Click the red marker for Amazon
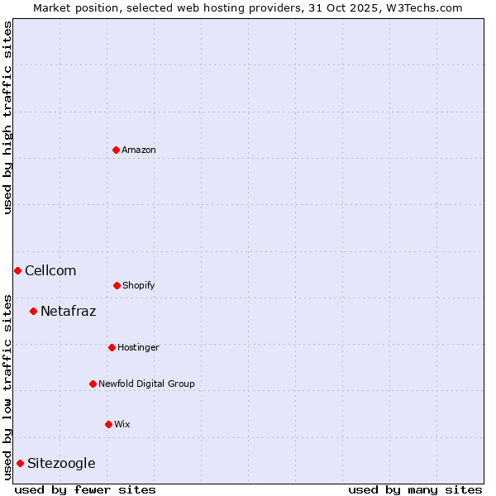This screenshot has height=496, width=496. coord(116,150)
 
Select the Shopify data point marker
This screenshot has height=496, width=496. coord(117,285)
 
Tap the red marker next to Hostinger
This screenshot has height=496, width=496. coord(112,347)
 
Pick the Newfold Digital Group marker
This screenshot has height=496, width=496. coord(93,384)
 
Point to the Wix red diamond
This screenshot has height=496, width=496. coord(108,424)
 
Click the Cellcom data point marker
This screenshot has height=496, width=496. coord(17,270)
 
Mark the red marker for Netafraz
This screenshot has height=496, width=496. coord(33,311)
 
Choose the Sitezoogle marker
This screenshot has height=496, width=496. coord(20,463)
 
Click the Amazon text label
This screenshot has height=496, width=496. coord(139,150)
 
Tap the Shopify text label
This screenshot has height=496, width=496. coord(139,286)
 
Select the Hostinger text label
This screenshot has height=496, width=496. coord(138,348)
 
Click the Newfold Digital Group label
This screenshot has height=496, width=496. coord(146,384)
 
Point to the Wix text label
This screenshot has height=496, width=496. coord(122,425)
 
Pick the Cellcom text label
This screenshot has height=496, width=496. coord(50,271)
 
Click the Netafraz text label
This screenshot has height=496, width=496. coord(68,312)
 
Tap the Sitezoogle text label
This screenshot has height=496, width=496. coord(61,464)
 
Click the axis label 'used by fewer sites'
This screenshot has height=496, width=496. coord(85,489)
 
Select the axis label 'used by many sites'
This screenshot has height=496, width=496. coord(415,489)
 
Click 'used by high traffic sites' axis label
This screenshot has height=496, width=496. coord(7,117)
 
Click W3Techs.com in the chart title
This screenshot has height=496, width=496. coord(421,7)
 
